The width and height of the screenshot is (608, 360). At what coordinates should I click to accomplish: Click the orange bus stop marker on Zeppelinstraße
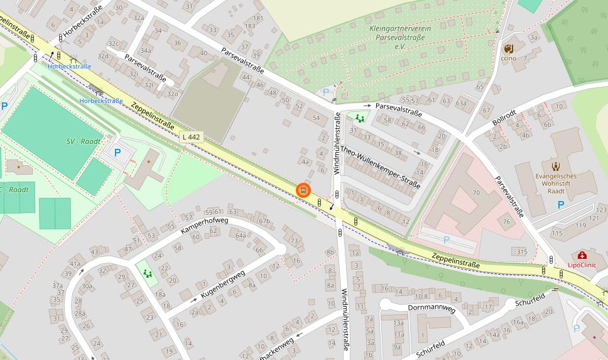[303, 190]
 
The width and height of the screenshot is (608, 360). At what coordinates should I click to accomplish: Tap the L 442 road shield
[191, 136]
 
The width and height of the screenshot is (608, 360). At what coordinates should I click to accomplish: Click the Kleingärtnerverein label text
[397, 29]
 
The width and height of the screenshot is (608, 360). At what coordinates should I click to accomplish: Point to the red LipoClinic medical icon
[582, 255]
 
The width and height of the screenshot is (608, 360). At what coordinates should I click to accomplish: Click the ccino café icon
[508, 48]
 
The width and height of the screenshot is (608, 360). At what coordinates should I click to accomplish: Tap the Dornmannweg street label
[431, 308]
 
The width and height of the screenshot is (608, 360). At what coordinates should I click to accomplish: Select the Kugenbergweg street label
[222, 285]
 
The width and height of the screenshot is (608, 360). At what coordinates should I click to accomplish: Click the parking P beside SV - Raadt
[117, 153]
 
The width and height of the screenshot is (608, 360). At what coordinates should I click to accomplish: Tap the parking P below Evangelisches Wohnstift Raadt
[561, 205]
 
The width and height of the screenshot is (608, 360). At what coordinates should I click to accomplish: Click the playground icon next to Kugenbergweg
[148, 273]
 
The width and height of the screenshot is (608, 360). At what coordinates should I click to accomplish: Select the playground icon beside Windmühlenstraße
[360, 118]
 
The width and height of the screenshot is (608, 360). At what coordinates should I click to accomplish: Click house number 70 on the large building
[476, 193]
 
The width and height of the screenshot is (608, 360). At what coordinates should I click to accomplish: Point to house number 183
[250, 26]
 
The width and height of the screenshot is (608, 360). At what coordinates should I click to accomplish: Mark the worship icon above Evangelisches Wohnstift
[555, 166]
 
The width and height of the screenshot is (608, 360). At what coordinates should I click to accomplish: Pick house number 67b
[264, 221]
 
